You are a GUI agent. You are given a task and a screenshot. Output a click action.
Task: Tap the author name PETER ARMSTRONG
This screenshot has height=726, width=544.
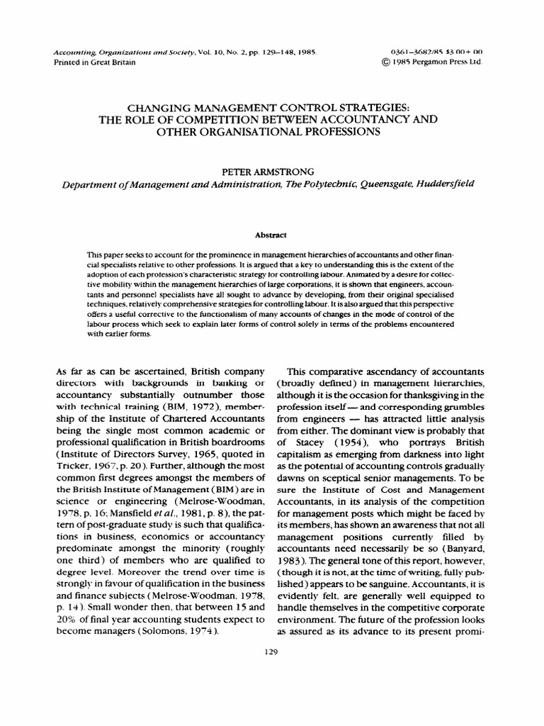click(x=271, y=171)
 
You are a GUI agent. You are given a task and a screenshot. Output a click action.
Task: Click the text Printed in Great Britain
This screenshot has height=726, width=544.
click(x=93, y=62)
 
